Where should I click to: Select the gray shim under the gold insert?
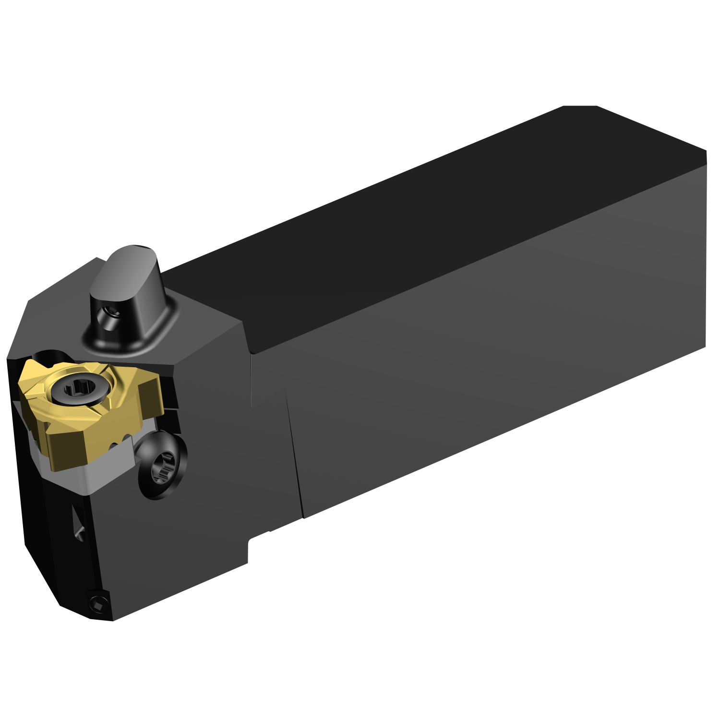tap(96, 473)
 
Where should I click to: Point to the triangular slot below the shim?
tap(79, 523)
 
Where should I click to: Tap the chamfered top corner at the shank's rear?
tap(580, 107)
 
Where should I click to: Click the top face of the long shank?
tap(432, 216)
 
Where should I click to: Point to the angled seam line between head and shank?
tap(294, 456)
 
